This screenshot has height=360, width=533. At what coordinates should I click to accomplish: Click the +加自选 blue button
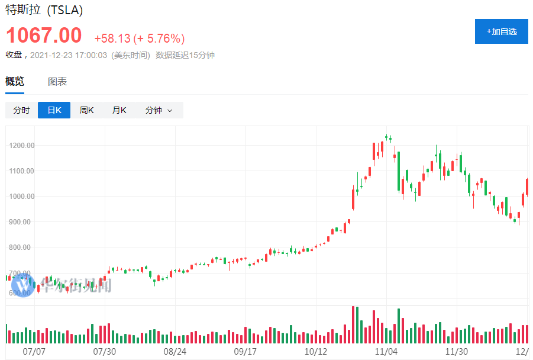(x=501, y=31)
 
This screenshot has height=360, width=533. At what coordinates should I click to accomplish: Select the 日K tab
(x=54, y=110)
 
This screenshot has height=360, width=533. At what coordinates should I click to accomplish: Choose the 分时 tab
(x=21, y=110)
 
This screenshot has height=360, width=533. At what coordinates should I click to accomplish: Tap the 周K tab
(x=86, y=110)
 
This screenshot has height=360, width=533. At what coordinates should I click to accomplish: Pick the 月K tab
(x=119, y=110)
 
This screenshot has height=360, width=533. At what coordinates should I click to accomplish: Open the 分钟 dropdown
(x=159, y=110)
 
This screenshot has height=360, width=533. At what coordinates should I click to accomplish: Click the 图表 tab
(x=57, y=82)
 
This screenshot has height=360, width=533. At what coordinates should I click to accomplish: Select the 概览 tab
(x=15, y=82)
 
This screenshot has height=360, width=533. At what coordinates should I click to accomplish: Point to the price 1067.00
(x=44, y=36)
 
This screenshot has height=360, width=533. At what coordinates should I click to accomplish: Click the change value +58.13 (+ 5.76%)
(x=140, y=38)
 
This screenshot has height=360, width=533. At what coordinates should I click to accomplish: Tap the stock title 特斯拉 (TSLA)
(x=44, y=10)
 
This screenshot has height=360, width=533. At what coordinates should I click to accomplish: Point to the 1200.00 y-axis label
(x=22, y=146)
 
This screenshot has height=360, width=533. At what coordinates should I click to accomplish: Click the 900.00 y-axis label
(x=22, y=222)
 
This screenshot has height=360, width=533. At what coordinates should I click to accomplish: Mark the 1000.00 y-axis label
(x=22, y=197)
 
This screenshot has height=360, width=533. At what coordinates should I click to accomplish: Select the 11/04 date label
(x=386, y=351)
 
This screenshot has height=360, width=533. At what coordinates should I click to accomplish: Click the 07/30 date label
(x=105, y=351)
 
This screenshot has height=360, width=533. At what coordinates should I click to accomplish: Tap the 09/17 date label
(x=245, y=351)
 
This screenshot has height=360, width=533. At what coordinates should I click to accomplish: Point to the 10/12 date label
(x=315, y=351)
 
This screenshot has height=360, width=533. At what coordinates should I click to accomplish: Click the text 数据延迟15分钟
(x=185, y=55)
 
